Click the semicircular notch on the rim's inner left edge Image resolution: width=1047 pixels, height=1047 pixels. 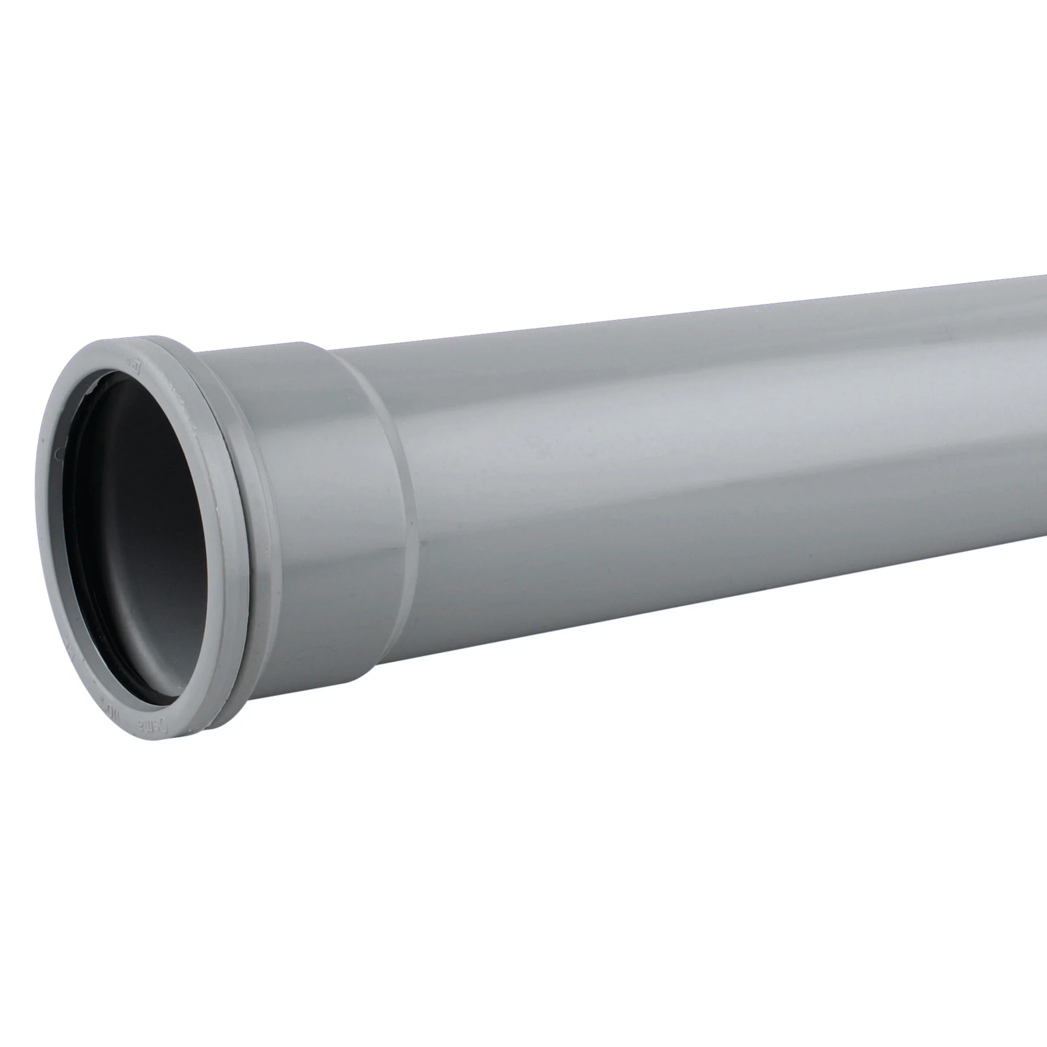point(57,453)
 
